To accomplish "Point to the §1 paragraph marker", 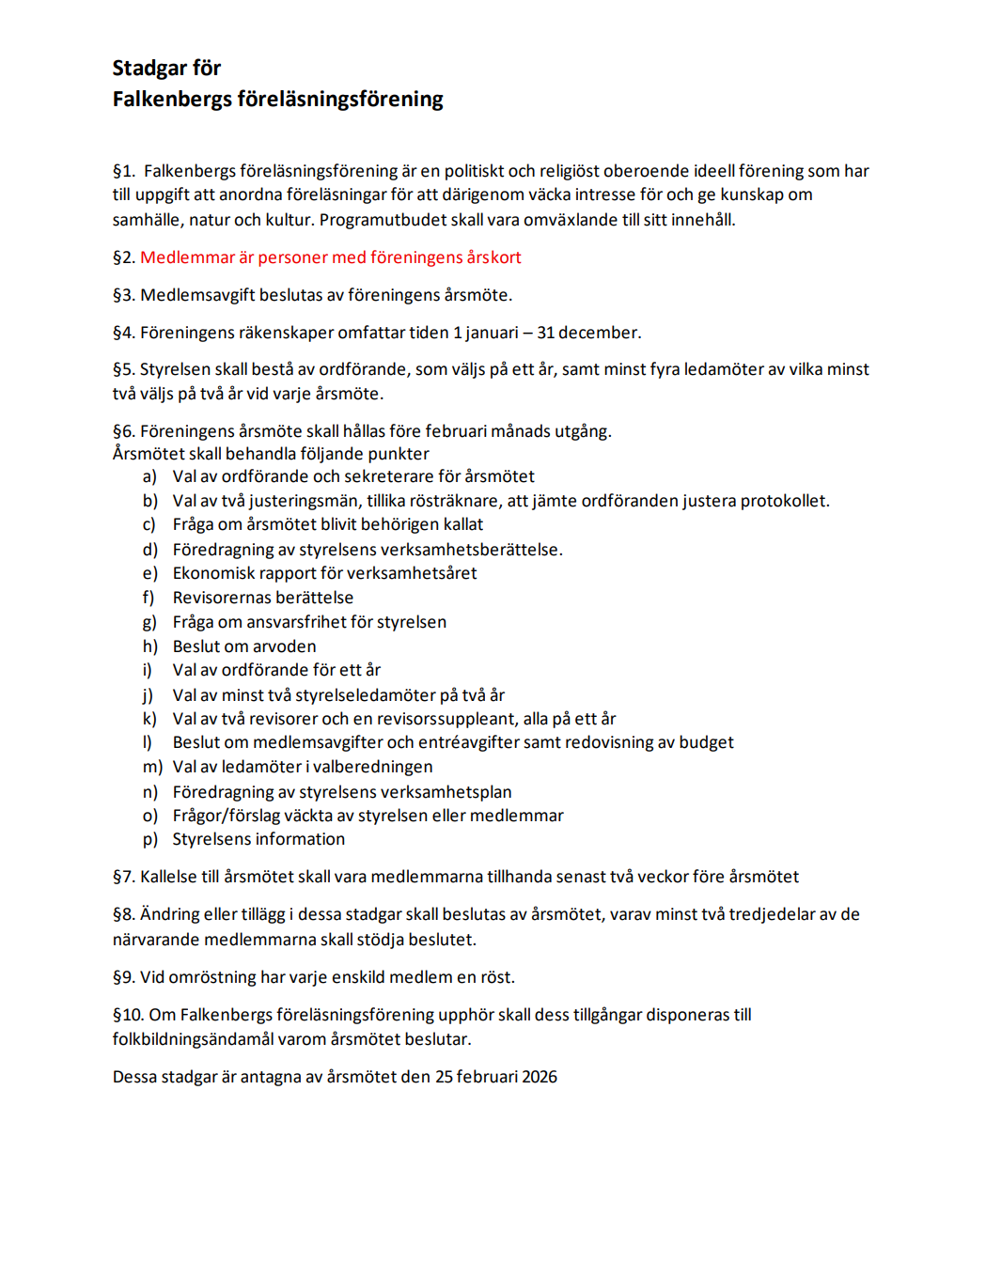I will coord(123,171).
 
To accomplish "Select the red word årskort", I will coord(493,257).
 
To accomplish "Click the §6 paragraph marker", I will coord(123,431).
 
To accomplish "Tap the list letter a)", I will coord(149,476).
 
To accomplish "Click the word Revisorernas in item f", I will coord(216,598).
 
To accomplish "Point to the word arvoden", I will coord(286,646).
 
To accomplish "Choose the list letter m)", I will coord(152,767).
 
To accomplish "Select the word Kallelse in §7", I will coord(168,877).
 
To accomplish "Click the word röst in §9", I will coord(496,977).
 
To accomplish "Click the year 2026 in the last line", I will coord(540,1077).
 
